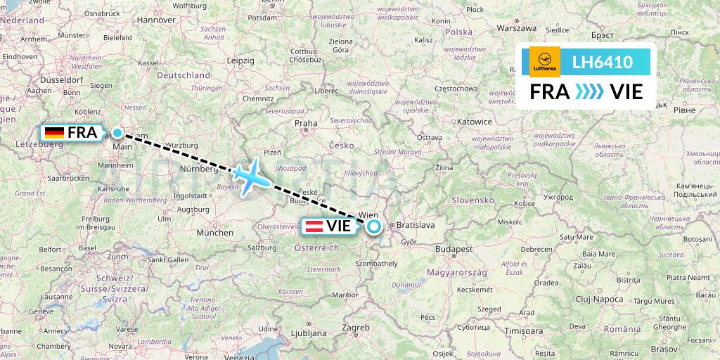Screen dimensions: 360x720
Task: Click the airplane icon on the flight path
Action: click(x=250, y=176)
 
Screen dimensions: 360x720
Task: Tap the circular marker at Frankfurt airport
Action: click(x=117, y=133)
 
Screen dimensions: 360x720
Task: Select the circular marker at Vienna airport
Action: click(x=373, y=226)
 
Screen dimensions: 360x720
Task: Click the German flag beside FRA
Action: click(x=54, y=133)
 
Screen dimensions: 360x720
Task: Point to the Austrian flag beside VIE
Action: click(x=314, y=226)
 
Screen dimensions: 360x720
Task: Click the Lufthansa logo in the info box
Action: click(x=543, y=62)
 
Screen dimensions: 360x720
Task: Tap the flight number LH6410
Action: click(x=603, y=63)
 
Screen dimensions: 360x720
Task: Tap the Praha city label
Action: click(x=306, y=122)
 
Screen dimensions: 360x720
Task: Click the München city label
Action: click(x=215, y=232)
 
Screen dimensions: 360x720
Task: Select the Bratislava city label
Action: click(x=416, y=226)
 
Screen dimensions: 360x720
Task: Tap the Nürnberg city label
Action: click(x=198, y=169)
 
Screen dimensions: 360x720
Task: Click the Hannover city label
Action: click(x=155, y=20)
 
